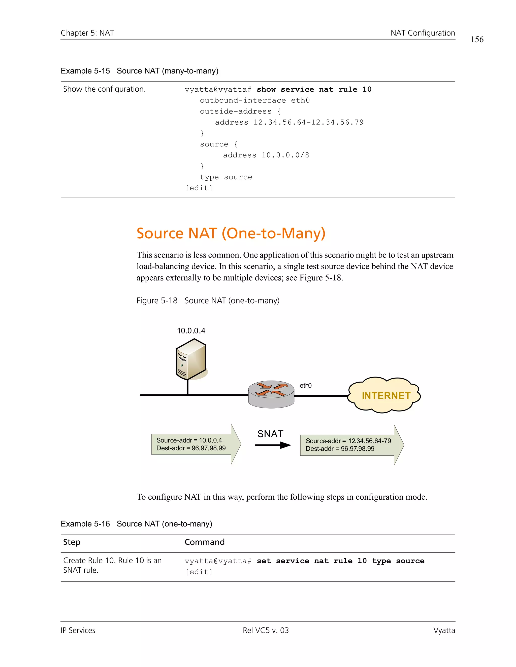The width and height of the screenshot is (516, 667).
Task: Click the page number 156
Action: [477, 40]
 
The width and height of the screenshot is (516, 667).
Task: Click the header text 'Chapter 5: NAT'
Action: [87, 33]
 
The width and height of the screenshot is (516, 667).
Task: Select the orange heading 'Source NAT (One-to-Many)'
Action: [231, 233]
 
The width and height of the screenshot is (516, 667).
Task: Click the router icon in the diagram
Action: [271, 394]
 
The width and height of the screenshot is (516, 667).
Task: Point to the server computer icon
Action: [191, 359]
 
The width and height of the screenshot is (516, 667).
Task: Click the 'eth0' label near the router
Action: [305, 385]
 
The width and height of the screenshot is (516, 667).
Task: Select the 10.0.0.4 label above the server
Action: [191, 331]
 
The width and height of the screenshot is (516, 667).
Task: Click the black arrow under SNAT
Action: [273, 445]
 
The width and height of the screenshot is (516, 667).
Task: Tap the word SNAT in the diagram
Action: [270, 434]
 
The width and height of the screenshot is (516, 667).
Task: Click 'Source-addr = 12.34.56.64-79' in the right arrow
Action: [348, 441]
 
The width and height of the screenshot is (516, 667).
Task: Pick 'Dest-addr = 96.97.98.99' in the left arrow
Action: [191, 448]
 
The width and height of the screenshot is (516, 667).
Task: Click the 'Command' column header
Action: [205, 542]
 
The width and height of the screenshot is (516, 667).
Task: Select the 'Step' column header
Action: [72, 542]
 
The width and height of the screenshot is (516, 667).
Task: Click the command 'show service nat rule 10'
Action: [314, 90]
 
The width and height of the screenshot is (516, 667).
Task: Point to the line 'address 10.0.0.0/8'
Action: [266, 155]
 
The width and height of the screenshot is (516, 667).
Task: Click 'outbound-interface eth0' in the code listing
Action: [255, 100]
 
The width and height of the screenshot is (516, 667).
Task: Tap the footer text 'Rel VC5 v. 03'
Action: [265, 630]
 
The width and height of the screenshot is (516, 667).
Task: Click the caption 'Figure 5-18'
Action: [157, 301]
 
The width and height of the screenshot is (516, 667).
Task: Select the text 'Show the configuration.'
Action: [104, 89]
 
